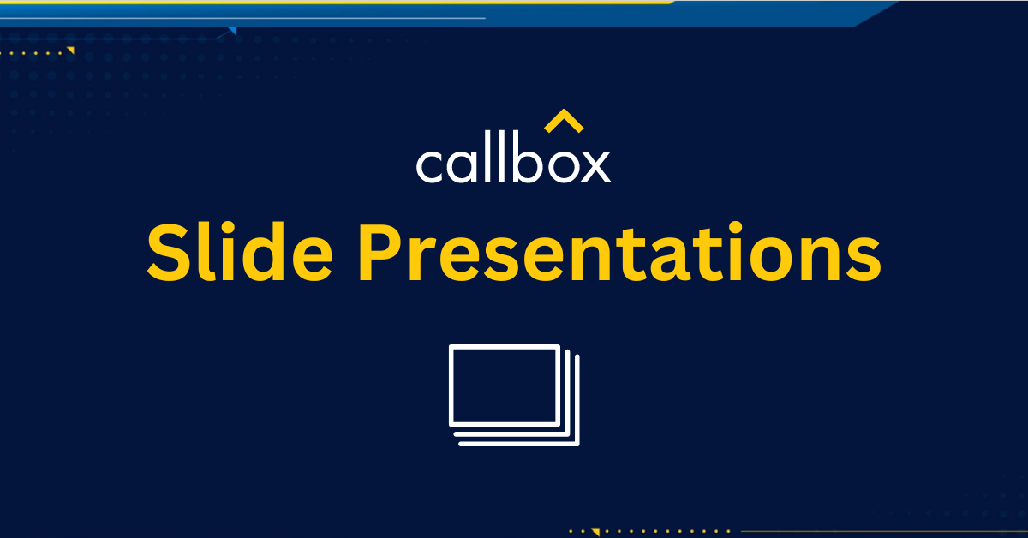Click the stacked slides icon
tap(514, 395)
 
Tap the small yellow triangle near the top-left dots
tap(70, 51)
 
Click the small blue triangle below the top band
tap(231, 32)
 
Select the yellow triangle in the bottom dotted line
tap(595, 532)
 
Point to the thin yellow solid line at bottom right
tap(882, 532)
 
